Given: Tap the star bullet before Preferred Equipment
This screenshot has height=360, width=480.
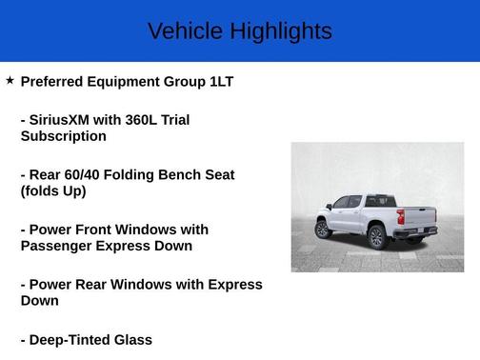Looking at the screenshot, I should coord(10,81).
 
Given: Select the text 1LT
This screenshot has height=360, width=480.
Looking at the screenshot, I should coord(221,82).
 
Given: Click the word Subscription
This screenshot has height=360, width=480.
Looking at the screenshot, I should coord(63,136).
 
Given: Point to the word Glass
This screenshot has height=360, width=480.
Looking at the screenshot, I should coord(132,340).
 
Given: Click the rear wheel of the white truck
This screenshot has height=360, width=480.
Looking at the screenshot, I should coord(377,235).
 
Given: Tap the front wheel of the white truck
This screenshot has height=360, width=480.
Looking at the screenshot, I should coord(323,229).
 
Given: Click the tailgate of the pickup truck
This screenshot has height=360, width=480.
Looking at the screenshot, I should coord(415,216).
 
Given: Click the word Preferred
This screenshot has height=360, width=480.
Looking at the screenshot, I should coord(53,82).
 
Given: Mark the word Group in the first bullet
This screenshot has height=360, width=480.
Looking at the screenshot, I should coord(185,82).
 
